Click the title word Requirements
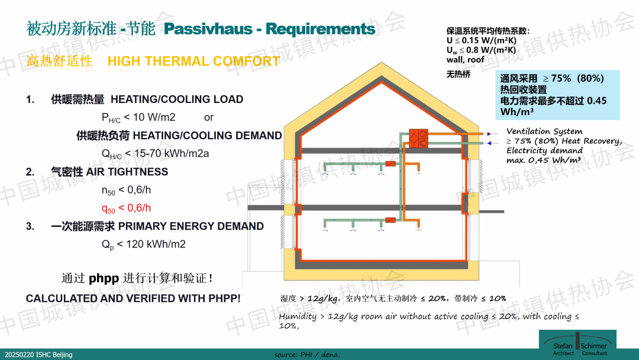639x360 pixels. pyautogui.click(x=320, y=29)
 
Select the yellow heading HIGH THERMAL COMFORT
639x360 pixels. pyautogui.click(x=193, y=62)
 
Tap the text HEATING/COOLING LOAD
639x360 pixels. pyautogui.click(x=177, y=99)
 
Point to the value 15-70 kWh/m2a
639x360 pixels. pyautogui.click(x=172, y=154)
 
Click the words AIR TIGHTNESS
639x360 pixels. pyautogui.click(x=127, y=172)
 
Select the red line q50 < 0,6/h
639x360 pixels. pyautogui.click(x=126, y=208)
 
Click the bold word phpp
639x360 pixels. pyautogui.click(x=104, y=278)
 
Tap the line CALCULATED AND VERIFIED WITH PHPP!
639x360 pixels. pyautogui.click(x=133, y=298)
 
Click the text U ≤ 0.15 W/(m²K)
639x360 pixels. pyautogui.click(x=482, y=40)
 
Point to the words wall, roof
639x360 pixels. pyautogui.click(x=465, y=60)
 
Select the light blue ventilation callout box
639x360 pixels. pyautogui.click(x=559, y=95)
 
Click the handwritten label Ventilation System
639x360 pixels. pyautogui.click(x=544, y=131)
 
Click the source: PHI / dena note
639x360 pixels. pyautogui.click(x=307, y=355)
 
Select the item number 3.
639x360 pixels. pyautogui.click(x=30, y=226)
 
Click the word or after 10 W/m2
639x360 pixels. pyautogui.click(x=209, y=117)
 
